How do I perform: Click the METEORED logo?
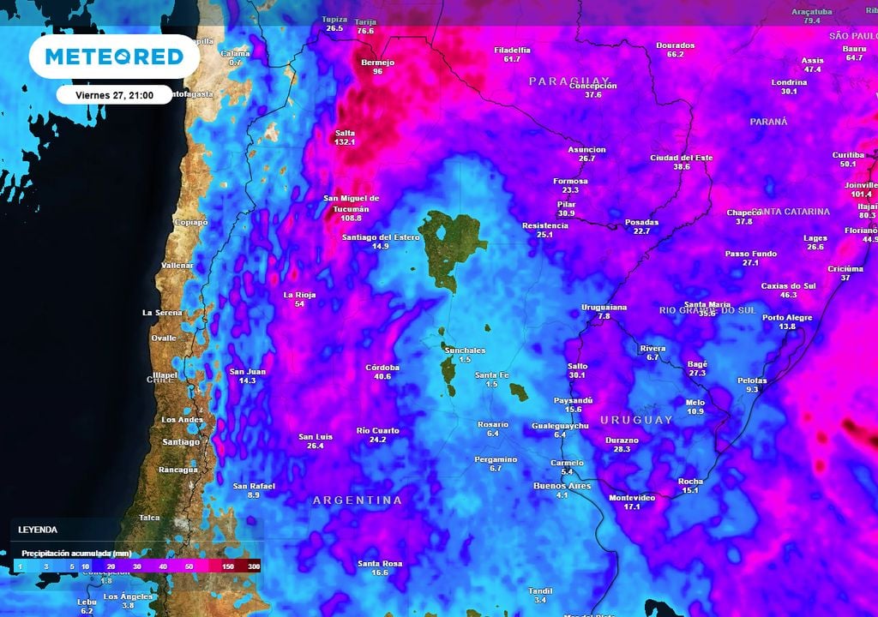[x=114, y=57]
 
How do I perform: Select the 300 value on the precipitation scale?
[x=254, y=566]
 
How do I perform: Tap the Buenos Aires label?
[x=562, y=486]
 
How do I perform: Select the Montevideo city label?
[x=632, y=497]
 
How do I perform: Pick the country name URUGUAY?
[x=636, y=420]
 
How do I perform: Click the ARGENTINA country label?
[x=357, y=500]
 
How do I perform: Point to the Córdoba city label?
[x=382, y=368]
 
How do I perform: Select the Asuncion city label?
[x=586, y=149]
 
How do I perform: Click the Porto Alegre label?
[x=786, y=317]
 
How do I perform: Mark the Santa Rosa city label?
[x=380, y=563]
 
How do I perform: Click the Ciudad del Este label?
[x=682, y=158]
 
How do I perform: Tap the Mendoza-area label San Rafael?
[x=253, y=486]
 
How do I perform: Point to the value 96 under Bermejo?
[x=376, y=71]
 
